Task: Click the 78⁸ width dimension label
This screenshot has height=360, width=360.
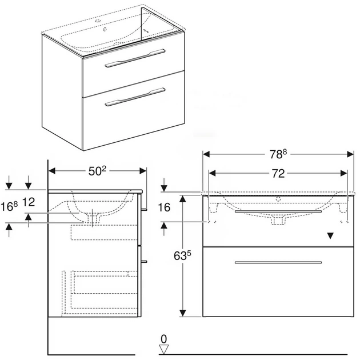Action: [x=278, y=154]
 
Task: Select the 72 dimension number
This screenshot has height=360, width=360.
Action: [x=278, y=174]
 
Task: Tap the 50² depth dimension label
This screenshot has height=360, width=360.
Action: [x=98, y=171]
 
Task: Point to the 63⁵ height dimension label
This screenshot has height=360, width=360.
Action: [x=182, y=255]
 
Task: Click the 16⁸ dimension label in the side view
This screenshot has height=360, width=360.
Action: [x=9, y=206]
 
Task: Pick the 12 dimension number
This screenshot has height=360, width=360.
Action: [x=29, y=202]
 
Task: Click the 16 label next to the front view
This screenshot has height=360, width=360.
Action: [x=164, y=207]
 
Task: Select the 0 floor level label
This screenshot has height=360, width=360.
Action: [x=163, y=339]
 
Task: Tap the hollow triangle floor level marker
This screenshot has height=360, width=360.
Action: [x=163, y=349]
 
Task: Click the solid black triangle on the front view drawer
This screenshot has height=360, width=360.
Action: [x=330, y=236]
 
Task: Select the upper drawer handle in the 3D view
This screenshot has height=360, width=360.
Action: [x=135, y=58]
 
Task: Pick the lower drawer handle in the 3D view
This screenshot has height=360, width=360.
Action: [x=135, y=97]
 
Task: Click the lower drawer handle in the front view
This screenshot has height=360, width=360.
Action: [x=278, y=262]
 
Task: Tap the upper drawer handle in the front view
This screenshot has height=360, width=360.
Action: [x=278, y=211]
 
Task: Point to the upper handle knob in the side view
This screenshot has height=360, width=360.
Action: [x=144, y=209]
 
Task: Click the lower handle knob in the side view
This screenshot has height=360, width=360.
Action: [x=144, y=262]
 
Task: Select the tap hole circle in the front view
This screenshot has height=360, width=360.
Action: [x=278, y=199]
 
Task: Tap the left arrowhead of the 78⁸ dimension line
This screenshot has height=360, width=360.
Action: [x=206, y=154]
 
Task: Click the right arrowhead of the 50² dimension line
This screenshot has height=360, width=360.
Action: [x=143, y=171]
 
